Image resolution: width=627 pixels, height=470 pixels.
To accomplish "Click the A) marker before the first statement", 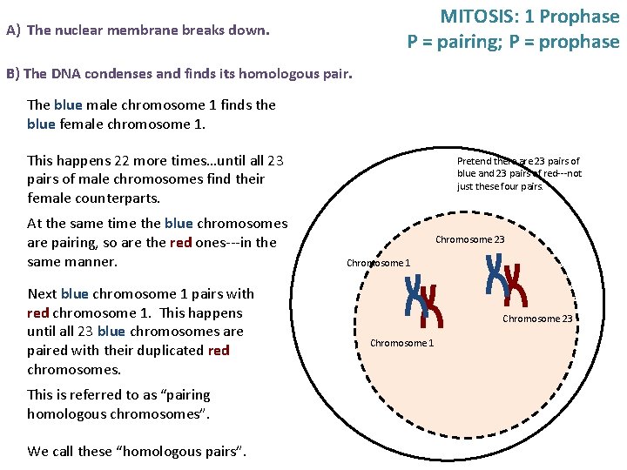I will [13, 30].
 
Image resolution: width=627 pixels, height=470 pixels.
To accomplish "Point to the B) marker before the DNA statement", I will [13, 74].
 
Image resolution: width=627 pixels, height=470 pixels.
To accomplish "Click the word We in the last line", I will [37, 451].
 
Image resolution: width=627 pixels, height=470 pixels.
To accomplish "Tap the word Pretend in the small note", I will [475, 161].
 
